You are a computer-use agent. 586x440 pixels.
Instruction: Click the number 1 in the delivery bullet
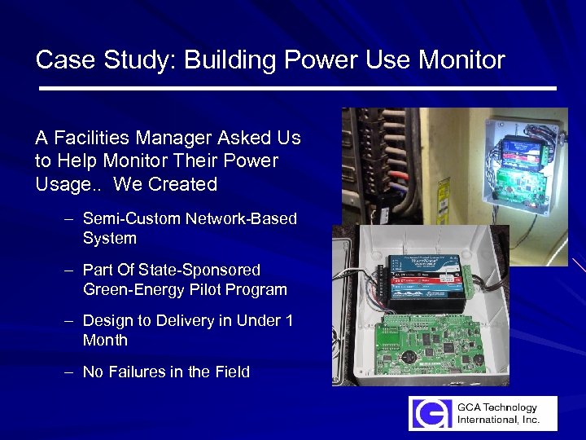(289, 320)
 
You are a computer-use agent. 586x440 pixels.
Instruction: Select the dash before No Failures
(71, 372)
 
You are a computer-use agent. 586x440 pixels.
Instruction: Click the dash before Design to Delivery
(71, 320)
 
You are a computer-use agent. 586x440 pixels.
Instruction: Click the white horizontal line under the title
(297, 87)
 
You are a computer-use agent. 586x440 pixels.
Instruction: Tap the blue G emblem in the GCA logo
(429, 413)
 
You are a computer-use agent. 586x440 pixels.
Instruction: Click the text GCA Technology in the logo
(497, 407)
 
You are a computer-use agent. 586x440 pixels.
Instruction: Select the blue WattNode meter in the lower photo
(423, 277)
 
